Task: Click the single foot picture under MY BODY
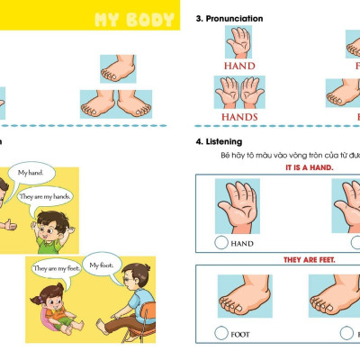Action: tap(118, 70)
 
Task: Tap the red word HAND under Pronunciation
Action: tap(238, 66)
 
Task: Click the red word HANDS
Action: tap(238, 116)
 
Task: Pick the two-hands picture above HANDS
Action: tap(238, 93)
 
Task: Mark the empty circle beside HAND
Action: tap(221, 243)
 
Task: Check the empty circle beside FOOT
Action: tap(221, 333)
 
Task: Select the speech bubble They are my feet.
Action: tap(57, 268)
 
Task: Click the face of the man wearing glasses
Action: tap(135, 278)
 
